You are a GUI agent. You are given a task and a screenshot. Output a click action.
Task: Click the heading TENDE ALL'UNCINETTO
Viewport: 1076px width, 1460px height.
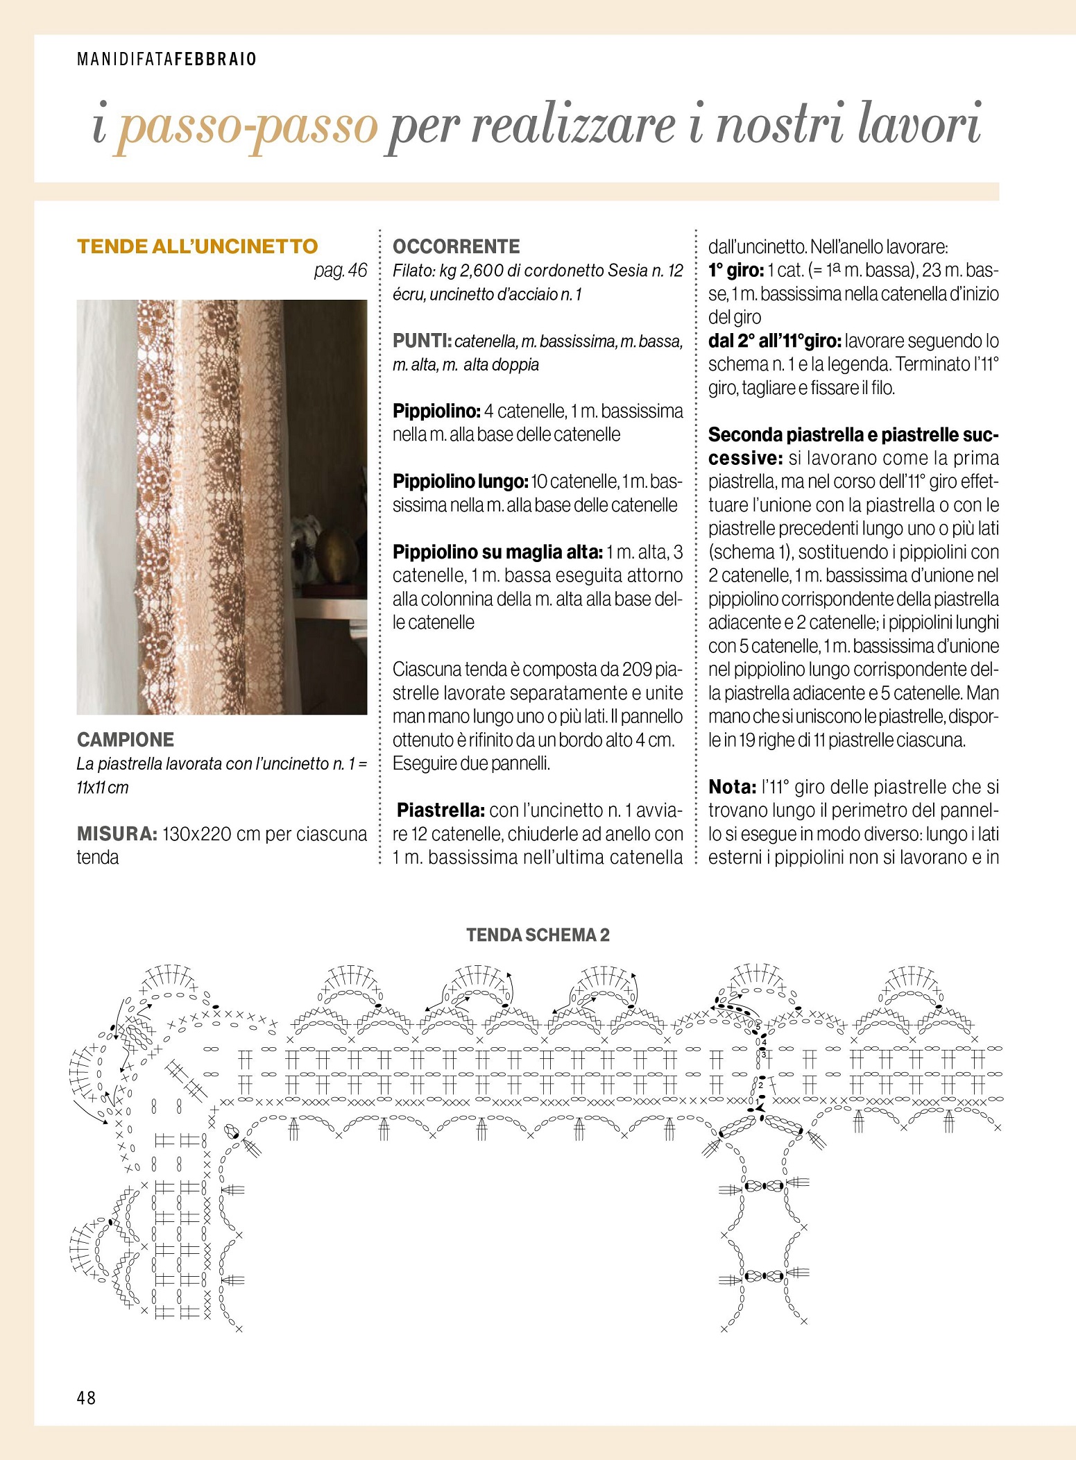[197, 246]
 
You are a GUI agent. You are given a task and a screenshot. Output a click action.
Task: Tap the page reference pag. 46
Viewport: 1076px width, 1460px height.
[340, 270]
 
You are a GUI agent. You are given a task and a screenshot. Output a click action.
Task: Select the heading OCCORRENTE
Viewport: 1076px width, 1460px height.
[456, 246]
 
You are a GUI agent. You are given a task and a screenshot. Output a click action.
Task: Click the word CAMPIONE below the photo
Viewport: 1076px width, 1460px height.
[126, 739]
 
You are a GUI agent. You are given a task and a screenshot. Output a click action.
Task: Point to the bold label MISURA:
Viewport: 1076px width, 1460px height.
[117, 833]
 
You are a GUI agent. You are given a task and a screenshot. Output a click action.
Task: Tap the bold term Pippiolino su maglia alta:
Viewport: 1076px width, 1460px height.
[497, 552]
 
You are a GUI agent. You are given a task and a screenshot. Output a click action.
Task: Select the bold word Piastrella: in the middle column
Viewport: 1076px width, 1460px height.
[441, 810]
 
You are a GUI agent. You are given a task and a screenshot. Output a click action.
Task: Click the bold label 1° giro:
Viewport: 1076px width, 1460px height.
[735, 270]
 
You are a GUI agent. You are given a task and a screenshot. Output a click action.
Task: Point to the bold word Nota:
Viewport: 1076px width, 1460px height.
[732, 787]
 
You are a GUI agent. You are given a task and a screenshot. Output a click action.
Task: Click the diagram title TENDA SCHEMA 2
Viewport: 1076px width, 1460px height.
[538, 935]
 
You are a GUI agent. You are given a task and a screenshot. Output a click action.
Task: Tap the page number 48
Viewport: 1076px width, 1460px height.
[87, 1398]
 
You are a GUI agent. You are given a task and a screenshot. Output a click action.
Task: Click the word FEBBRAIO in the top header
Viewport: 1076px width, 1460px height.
[216, 59]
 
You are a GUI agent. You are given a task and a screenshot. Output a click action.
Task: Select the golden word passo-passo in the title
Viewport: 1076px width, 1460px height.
[247, 126]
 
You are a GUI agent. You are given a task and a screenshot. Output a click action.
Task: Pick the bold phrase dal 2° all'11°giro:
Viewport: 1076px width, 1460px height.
[774, 341]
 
